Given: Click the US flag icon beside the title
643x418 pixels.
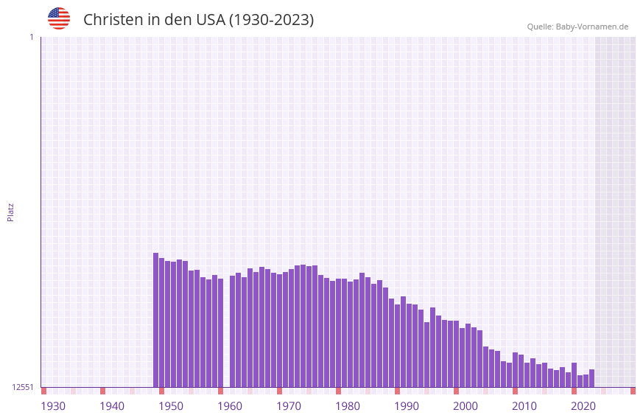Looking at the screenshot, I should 59,18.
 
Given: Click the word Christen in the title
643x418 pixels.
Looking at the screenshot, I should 113,20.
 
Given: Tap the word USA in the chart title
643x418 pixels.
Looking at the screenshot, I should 210,20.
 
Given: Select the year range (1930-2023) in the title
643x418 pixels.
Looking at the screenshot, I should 272,20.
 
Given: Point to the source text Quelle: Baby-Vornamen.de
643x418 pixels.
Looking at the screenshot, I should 577,27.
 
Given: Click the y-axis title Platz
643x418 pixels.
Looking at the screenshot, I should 10,212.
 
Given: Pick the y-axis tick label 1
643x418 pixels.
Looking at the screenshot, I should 31,37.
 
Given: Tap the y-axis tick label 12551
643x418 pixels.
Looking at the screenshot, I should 23,387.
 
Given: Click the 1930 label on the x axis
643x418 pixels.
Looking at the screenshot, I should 53,406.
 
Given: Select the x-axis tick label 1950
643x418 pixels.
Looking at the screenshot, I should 171,406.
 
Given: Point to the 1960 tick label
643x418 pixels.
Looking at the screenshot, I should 230,406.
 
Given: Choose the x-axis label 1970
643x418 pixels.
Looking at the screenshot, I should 289,406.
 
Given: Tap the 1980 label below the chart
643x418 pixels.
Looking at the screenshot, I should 348,406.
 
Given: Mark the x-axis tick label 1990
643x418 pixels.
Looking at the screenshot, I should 407,406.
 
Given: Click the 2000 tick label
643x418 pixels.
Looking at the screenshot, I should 465,406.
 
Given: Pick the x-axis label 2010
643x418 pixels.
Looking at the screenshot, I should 524,406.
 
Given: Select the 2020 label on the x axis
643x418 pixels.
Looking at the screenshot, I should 583,406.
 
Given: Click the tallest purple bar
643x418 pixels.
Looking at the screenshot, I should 156,320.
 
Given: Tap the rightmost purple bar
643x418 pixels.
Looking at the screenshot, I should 591,378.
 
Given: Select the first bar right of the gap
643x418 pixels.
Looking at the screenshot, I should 233,332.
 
